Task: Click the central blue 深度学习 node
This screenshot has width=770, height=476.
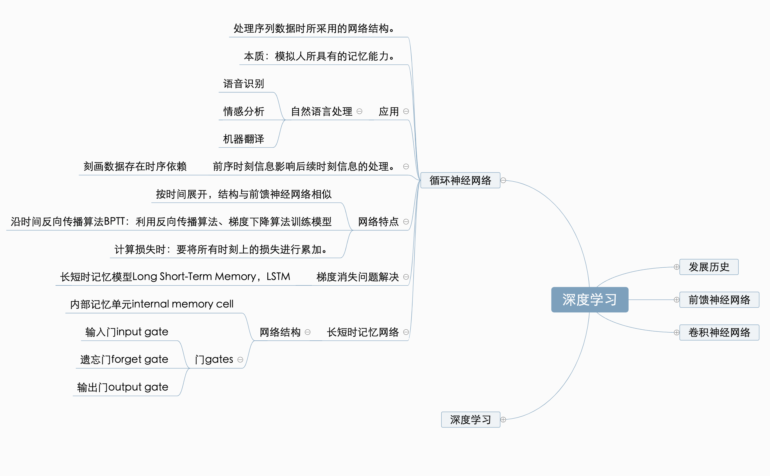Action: (x=590, y=299)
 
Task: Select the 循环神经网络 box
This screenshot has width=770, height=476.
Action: (x=460, y=180)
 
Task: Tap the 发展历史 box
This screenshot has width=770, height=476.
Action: (x=708, y=267)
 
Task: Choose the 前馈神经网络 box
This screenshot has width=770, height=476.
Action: (x=719, y=300)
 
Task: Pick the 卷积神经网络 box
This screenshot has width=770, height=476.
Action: (x=719, y=332)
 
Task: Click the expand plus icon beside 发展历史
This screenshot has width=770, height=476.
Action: (x=676, y=267)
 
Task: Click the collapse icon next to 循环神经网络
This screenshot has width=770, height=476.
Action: (x=503, y=180)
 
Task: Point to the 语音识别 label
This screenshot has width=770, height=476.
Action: (x=244, y=84)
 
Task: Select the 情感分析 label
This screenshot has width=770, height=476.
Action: (x=244, y=111)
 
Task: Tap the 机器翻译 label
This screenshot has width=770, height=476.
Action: (x=244, y=139)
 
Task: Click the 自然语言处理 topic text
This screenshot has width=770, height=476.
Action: (x=321, y=111)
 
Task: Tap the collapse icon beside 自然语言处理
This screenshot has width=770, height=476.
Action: (x=359, y=111)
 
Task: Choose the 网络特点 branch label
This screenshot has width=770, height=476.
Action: (x=378, y=222)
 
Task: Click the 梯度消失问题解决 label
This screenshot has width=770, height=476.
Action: (x=357, y=277)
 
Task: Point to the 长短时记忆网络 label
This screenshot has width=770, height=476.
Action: (x=363, y=332)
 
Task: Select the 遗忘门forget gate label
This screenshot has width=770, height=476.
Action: (x=124, y=360)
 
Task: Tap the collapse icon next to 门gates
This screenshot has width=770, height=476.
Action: (x=240, y=360)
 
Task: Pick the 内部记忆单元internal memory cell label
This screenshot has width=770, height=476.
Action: (x=152, y=304)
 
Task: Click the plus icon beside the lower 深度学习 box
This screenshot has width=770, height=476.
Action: (x=503, y=420)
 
